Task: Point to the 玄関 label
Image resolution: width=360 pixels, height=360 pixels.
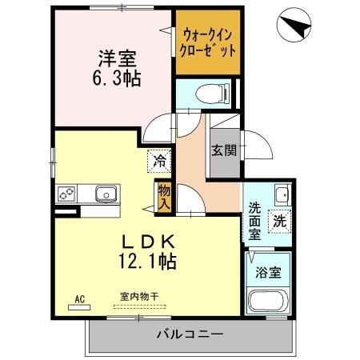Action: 224,150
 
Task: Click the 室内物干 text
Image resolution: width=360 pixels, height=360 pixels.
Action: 139,297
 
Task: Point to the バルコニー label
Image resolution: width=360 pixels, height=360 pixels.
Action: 189,333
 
